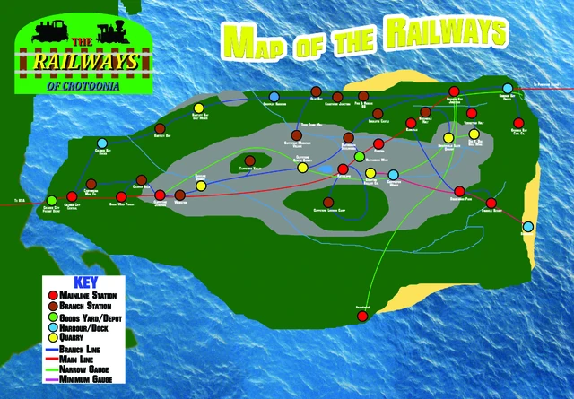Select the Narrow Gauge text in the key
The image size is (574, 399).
(85, 369)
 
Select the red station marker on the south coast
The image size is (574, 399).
(362, 315)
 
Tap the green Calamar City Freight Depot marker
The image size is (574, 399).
(51, 200)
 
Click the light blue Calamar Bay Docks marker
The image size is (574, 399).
(102, 144)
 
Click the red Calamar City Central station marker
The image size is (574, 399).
(70, 199)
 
